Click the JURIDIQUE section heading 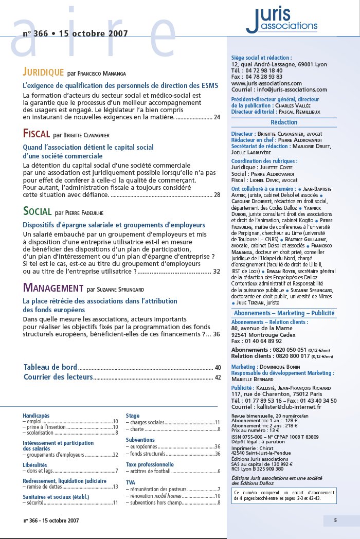click(43, 71)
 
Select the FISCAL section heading click(37, 134)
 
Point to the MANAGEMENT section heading click(53, 288)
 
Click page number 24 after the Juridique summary click(217, 118)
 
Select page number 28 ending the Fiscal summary click(217, 195)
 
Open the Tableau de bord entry click(50, 367)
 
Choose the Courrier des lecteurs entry click(58, 377)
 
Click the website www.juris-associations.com click(266, 83)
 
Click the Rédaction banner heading click(284, 122)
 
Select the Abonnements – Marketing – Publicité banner click(284, 313)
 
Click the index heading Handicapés click(36, 415)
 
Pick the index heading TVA click(131, 482)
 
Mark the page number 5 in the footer click(335, 520)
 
